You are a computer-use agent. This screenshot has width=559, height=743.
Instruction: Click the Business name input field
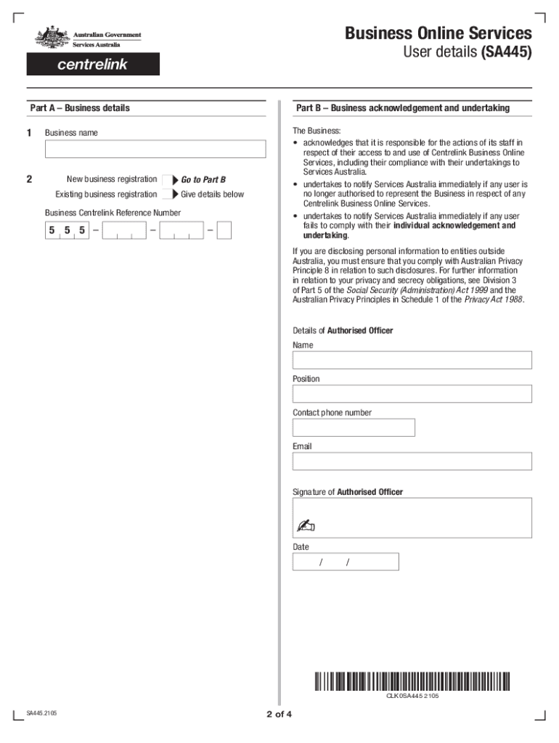click(155, 149)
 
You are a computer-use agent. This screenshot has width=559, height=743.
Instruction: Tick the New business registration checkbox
click(166, 180)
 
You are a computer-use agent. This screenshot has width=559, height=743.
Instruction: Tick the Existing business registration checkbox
click(166, 194)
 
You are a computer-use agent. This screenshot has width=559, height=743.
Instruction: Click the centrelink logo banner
click(93, 65)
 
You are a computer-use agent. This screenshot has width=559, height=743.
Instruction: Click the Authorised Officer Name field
click(412, 360)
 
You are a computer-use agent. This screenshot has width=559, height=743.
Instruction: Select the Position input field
click(412, 394)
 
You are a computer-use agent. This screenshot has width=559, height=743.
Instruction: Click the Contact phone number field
click(354, 427)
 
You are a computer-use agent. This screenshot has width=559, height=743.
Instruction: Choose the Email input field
click(412, 461)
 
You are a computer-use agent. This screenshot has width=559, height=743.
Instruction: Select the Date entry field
click(346, 562)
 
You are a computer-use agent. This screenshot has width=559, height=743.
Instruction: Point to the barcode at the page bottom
click(412, 681)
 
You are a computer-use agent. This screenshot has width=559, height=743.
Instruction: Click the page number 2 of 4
click(279, 714)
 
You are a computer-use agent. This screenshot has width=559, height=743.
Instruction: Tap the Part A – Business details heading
click(80, 108)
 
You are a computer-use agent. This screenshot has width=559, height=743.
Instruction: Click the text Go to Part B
click(203, 180)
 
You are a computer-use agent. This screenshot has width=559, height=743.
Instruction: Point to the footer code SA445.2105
click(41, 713)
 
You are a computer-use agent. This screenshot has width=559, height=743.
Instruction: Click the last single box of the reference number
click(224, 231)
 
